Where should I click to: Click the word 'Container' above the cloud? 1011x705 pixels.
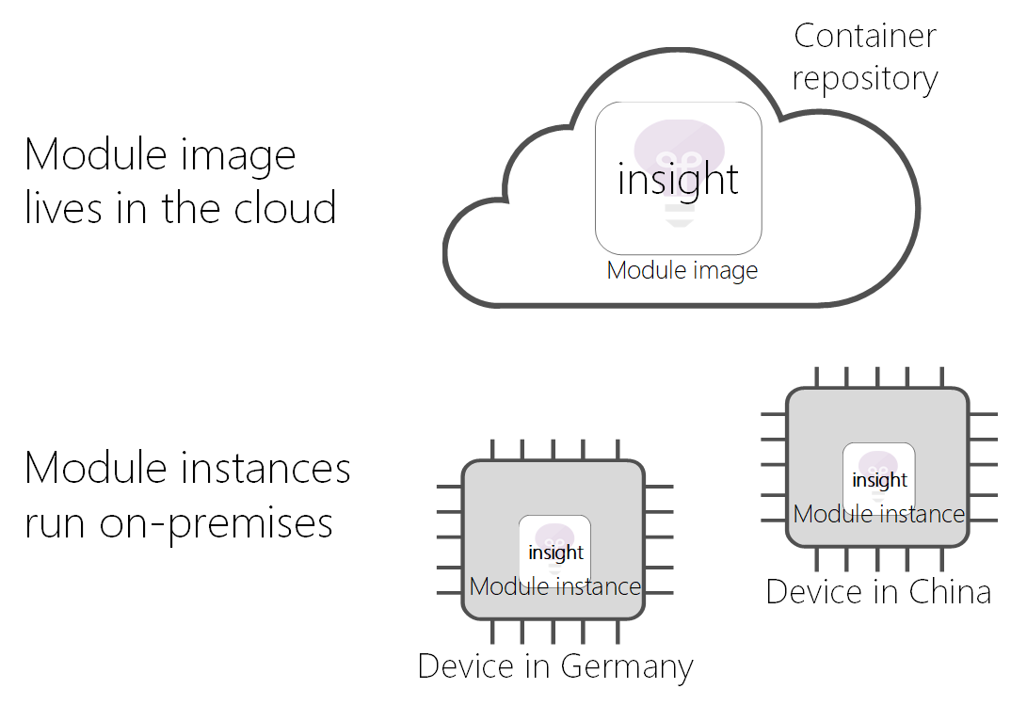tap(865, 37)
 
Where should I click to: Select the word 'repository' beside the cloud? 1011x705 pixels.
tap(864, 79)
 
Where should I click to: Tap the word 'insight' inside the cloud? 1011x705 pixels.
tap(678, 179)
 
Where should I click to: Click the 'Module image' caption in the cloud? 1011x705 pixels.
tap(682, 271)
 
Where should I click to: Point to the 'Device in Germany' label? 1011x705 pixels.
tap(555, 666)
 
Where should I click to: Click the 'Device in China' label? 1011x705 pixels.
tap(878, 592)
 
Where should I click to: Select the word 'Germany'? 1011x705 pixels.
tap(627, 667)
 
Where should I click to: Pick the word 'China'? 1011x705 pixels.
tap(950, 592)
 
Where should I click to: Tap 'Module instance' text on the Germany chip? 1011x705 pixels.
tap(554, 587)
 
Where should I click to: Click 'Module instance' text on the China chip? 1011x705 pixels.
tap(878, 514)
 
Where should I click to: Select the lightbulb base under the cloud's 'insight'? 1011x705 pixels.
tap(678, 214)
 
